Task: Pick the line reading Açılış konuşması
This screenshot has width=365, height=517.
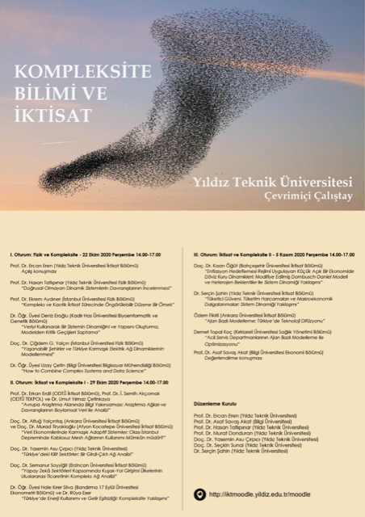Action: (x=44, y=271)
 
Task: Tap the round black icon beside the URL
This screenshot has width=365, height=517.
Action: (x=199, y=493)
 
